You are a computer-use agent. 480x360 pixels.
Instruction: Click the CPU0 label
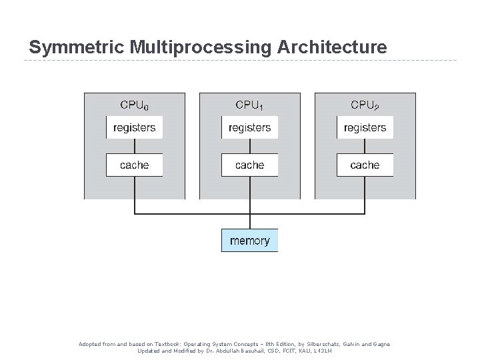135,105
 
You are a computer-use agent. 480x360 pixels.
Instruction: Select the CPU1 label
249,105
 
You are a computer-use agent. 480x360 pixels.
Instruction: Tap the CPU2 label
365,105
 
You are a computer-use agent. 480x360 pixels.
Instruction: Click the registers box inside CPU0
135,127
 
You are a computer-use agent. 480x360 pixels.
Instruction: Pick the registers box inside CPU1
249,127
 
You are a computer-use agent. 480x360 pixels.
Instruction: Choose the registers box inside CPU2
365,127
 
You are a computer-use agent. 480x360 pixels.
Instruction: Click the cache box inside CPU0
135,165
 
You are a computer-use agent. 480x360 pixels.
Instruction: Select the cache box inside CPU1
249,165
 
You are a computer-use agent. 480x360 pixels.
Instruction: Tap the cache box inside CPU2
365,165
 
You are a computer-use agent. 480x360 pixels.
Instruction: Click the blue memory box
249,241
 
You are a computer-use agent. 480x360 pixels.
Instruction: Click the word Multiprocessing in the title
199,48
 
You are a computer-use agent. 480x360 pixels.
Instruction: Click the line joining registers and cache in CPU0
135,146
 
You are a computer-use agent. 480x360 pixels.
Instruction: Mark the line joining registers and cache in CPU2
365,146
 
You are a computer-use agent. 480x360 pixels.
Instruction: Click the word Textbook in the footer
161,344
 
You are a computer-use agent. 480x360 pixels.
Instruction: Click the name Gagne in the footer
379,344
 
